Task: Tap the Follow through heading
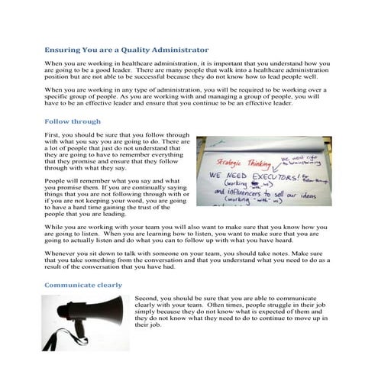(73, 121)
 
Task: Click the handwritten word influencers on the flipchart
(244, 192)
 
